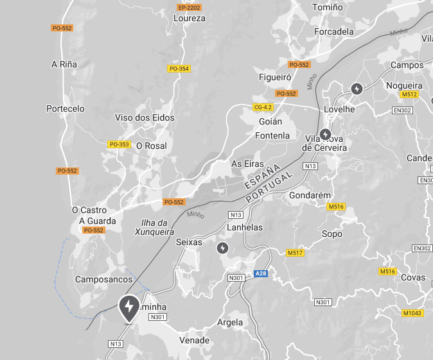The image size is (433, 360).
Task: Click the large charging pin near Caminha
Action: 129,307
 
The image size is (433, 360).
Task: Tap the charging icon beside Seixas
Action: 222,248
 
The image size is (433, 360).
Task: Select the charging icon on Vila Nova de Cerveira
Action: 326,135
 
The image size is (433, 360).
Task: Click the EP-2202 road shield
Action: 189,8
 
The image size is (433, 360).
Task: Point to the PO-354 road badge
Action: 179,69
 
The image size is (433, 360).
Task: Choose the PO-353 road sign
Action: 119,144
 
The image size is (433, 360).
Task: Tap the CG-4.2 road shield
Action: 263,107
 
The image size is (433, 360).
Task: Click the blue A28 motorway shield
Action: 260,274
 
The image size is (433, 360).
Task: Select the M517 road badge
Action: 295,253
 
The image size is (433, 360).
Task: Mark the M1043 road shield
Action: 412,313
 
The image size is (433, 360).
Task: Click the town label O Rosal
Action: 151,146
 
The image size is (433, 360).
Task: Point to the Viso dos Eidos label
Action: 145,117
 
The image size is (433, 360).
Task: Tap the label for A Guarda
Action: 98,221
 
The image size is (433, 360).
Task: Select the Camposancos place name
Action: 104,279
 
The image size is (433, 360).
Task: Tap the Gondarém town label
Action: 310,195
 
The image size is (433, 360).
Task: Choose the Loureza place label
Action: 190,19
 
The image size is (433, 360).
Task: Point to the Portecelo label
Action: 66,108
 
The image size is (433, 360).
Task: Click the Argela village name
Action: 231,322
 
